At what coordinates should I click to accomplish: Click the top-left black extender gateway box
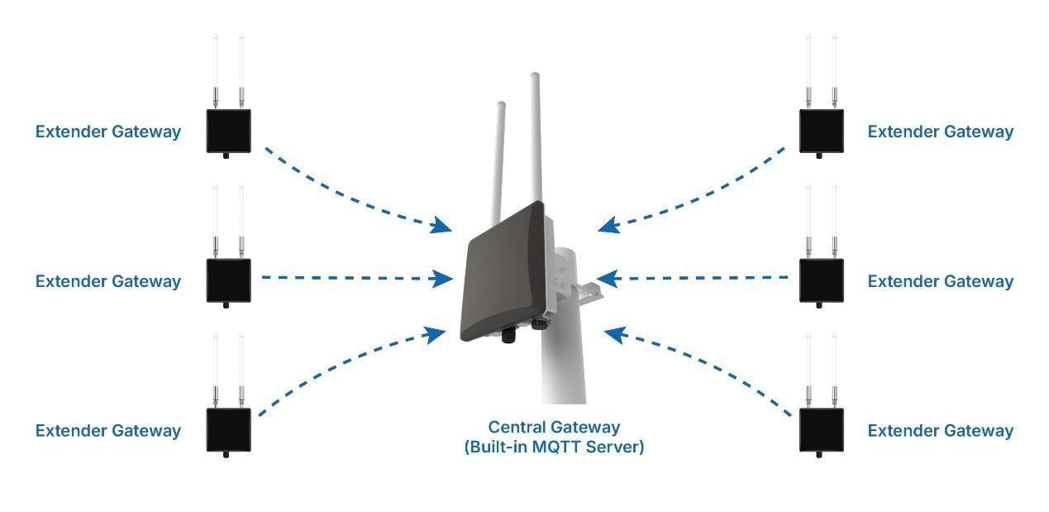[228, 130]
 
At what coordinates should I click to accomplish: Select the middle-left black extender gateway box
[228, 280]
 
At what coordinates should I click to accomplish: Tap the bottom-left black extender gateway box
[228, 429]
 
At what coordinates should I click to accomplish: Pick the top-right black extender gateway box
[821, 130]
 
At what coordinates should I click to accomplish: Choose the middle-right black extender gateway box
[821, 280]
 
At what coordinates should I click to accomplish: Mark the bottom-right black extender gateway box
[821, 429]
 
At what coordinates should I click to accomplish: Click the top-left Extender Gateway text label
[107, 132]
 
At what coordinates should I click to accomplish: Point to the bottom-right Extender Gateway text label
[940, 431]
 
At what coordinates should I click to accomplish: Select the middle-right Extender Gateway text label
[940, 281]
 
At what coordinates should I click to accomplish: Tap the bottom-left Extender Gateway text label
[107, 431]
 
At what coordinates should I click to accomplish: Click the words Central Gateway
[554, 428]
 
